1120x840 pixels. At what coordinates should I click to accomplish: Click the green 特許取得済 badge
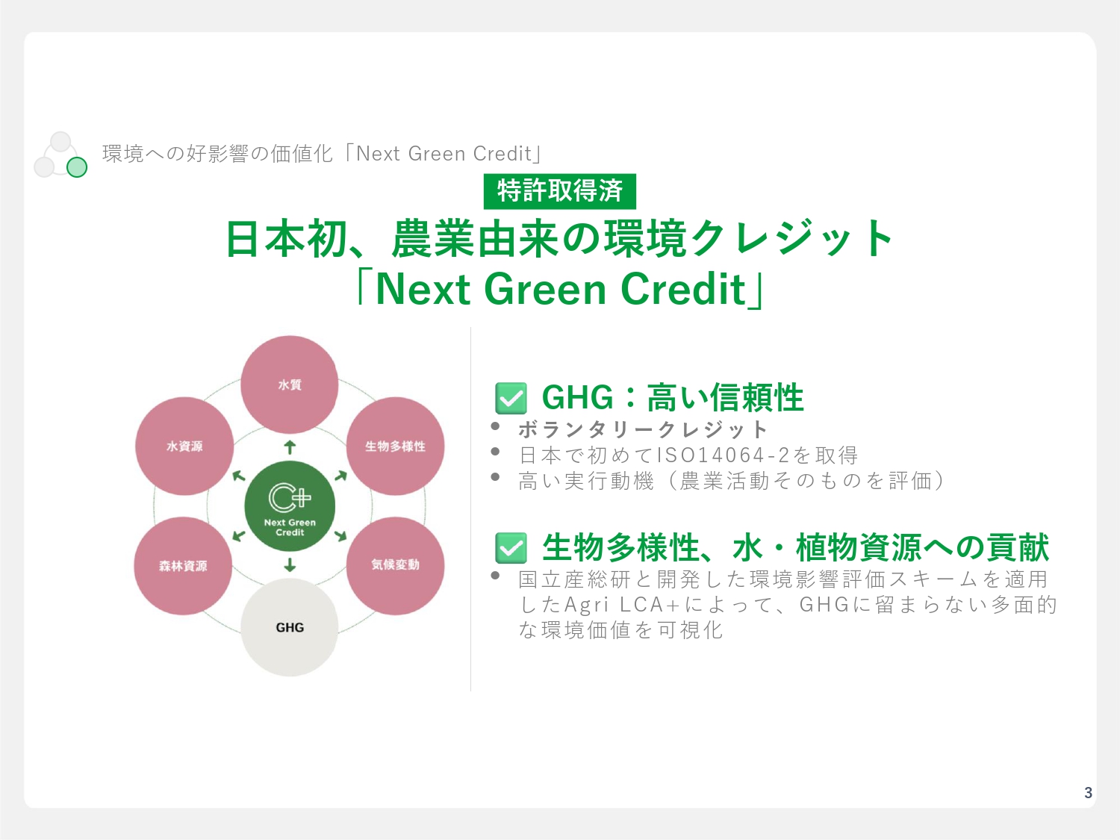pos(560,191)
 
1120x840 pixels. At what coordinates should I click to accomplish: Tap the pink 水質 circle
pos(289,385)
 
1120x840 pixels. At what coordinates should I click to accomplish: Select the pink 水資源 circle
pos(184,447)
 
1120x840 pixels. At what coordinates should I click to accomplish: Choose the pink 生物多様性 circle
pos(396,447)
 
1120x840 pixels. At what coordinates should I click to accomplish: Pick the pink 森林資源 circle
pos(183,566)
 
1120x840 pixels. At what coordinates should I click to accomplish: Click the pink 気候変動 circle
pos(396,566)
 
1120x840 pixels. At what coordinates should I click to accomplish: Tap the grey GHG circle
pos(289,627)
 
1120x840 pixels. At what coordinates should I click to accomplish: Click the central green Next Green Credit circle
pos(290,506)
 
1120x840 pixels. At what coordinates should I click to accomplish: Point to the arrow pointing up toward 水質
pos(290,447)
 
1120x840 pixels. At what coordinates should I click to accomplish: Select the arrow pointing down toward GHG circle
pos(290,564)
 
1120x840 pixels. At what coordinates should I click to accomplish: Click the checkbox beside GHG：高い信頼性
pos(511,398)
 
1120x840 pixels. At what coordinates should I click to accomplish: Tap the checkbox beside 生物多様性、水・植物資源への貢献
pos(511,548)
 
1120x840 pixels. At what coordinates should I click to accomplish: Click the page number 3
pos(1088,792)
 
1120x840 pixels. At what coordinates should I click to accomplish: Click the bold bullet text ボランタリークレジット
pos(643,429)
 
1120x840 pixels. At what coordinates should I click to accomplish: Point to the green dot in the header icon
pos(77,167)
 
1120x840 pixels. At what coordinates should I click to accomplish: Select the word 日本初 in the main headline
pos(287,238)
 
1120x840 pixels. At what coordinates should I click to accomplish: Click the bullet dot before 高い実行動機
pos(494,477)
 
